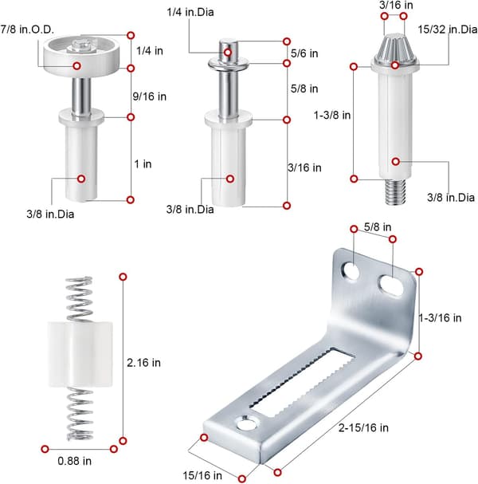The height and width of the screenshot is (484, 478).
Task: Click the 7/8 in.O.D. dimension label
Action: (27, 30)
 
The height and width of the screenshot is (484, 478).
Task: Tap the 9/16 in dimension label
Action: (150, 96)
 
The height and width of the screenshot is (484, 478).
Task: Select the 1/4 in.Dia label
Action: (190, 12)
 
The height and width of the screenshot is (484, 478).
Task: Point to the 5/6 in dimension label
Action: (304, 53)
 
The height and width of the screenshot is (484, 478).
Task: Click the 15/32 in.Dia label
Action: (448, 30)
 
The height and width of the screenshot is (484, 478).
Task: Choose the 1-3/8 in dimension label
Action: (332, 115)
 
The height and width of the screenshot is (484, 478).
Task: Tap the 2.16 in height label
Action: (143, 363)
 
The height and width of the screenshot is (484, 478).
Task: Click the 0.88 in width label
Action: (75, 461)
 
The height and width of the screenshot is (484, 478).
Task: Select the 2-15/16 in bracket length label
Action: (363, 428)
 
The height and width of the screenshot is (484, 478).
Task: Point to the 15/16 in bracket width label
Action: (202, 476)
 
